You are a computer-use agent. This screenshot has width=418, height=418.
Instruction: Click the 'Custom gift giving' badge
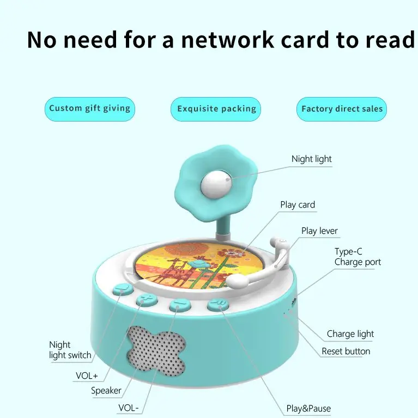point(90,109)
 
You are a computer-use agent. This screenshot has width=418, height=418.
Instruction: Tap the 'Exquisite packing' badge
point(216,109)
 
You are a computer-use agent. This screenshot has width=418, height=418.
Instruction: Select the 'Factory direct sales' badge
point(342,109)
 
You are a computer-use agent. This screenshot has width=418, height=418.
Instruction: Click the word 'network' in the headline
point(227,40)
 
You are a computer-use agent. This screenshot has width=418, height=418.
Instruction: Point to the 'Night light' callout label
point(311,159)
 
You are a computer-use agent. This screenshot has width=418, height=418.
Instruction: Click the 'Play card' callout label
point(298,204)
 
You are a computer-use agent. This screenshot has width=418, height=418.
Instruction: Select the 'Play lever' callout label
point(319,231)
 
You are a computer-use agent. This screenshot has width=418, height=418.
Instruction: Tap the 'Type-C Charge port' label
point(358,257)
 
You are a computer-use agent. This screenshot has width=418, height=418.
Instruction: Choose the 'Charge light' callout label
point(350,334)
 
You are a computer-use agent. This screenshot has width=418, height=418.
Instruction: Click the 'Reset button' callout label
point(346,351)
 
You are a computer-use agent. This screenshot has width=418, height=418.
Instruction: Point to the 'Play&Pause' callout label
point(308,408)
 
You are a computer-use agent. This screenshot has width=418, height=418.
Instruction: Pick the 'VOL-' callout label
point(129,408)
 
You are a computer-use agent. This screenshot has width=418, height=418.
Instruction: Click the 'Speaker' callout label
point(106,391)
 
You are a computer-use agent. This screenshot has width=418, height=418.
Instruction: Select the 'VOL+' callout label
point(87,376)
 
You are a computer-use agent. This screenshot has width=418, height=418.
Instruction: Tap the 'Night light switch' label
point(70,350)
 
